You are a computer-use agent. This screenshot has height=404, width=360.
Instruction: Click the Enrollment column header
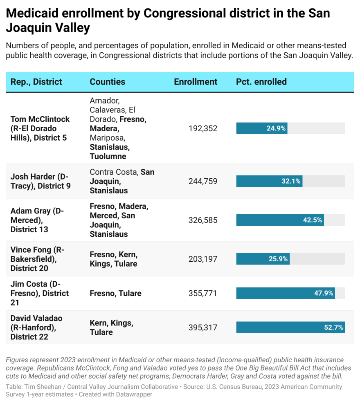(196, 82)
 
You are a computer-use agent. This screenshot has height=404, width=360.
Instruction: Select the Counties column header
(108, 82)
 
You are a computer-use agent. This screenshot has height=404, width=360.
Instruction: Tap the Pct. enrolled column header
(261, 82)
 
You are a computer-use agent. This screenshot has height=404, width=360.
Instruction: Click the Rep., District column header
(36, 82)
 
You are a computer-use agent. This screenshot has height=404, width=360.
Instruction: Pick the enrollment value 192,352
(203, 128)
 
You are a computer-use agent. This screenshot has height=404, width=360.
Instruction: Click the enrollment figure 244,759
(203, 181)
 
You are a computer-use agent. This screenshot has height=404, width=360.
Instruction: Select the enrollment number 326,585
(203, 220)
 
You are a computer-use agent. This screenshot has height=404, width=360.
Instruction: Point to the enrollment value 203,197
(203, 259)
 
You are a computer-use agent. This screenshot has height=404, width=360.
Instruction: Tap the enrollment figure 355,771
(203, 293)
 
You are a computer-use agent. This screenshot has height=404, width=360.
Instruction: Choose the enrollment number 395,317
(203, 328)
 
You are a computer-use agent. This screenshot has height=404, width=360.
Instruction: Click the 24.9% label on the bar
(276, 128)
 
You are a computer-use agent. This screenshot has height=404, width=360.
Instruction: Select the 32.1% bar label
(291, 181)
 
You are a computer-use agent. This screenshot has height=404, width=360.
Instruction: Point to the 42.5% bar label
(312, 220)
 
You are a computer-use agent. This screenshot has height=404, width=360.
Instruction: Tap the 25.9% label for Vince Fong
(278, 259)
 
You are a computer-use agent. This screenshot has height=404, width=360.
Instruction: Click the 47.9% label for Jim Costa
(324, 293)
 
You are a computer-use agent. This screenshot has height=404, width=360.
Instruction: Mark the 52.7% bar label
(333, 328)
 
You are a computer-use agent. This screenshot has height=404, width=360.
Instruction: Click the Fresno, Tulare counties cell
(115, 293)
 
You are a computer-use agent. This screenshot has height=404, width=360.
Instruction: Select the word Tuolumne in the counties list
(108, 156)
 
